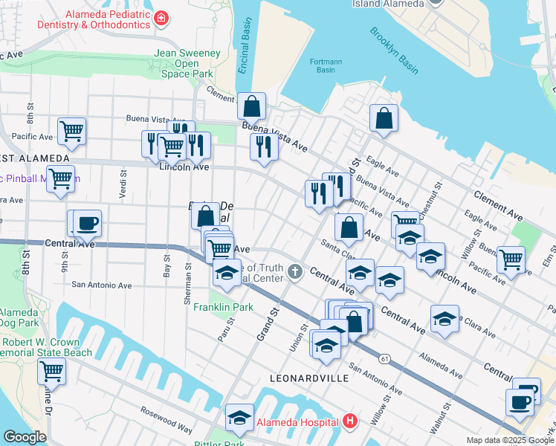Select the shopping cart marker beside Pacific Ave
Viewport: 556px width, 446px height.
tap(72, 132)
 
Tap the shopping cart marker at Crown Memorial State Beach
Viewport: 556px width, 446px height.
tap(51, 370)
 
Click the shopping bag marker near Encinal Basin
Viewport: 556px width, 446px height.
tap(252, 106)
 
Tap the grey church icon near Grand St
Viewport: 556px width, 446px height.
tap(295, 271)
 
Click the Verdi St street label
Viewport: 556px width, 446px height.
tap(122, 178)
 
